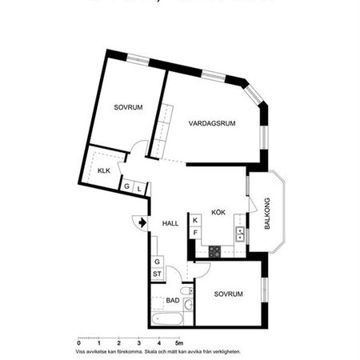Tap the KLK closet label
point(104,171)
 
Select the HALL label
point(170,223)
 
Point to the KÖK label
point(218,212)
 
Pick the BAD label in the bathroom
point(172,300)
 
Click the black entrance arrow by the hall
point(142,222)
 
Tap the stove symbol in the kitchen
point(214,251)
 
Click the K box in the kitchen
point(194,220)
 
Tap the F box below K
point(194,233)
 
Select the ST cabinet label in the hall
point(158,274)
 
